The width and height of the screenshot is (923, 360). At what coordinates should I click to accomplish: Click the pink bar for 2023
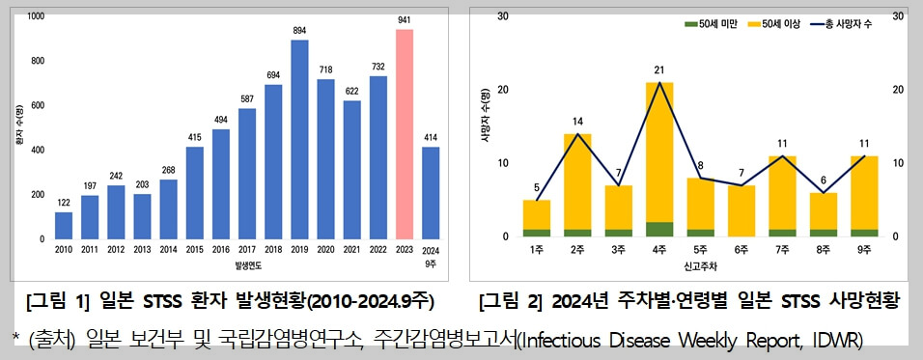pyautogui.click(x=405, y=134)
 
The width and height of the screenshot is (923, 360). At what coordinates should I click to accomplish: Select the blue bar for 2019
pyautogui.click(x=300, y=139)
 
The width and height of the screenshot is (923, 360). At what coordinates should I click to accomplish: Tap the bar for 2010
pyautogui.click(x=64, y=225)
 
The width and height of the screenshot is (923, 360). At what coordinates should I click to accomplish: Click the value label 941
pyautogui.click(x=405, y=19)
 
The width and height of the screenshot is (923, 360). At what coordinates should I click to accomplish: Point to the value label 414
pyautogui.click(x=431, y=137)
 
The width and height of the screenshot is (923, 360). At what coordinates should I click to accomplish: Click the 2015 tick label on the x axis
pyautogui.click(x=195, y=249)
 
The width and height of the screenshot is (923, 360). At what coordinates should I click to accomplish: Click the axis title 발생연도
pyautogui.click(x=247, y=263)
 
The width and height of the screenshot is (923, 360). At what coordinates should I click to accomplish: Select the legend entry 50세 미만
pyautogui.click(x=714, y=22)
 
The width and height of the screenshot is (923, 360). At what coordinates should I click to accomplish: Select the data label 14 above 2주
pyautogui.click(x=578, y=122)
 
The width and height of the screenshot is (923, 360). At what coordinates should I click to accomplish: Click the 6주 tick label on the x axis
pyautogui.click(x=741, y=249)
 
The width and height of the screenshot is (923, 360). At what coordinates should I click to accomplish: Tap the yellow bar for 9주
pyautogui.click(x=865, y=192)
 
